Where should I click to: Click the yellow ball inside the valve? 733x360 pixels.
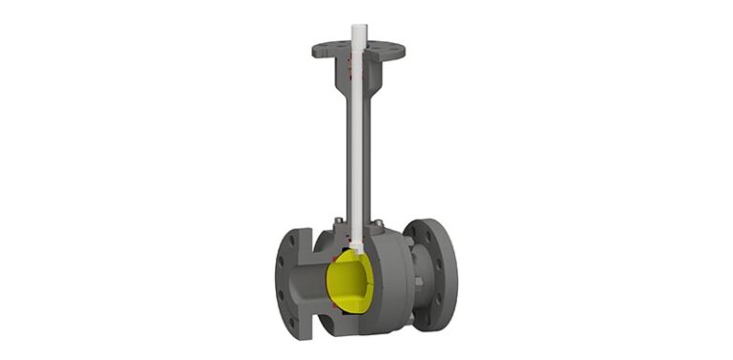coord(350,286)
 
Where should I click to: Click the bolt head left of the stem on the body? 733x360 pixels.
coord(335,225)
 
